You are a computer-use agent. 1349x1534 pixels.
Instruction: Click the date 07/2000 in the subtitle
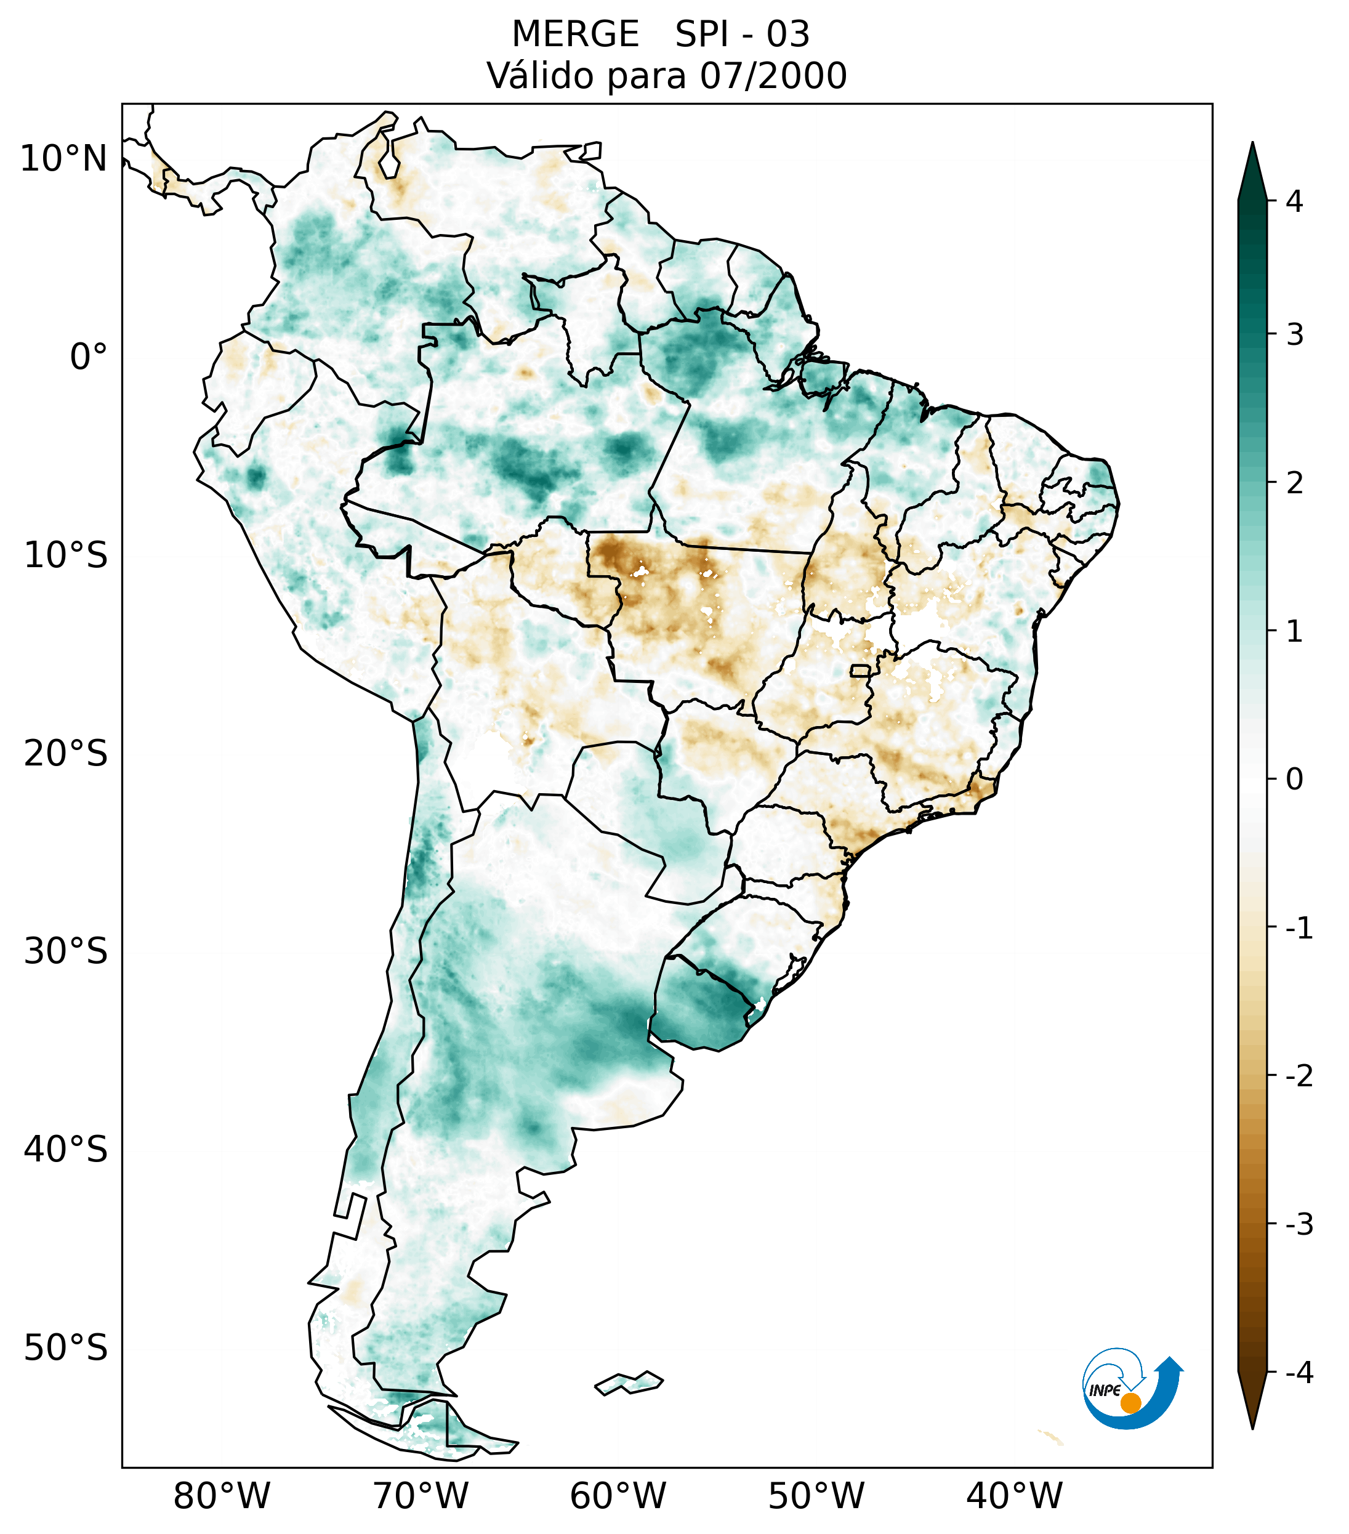coord(773,76)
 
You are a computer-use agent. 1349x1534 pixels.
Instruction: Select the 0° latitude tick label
coord(89,357)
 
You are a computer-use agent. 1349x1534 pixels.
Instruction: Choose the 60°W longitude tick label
coord(618,1496)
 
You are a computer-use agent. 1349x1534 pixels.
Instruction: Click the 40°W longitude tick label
coord(1015,1496)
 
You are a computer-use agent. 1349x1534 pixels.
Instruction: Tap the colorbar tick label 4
coord(1294,201)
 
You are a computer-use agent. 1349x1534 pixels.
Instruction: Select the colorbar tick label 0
coord(1294,780)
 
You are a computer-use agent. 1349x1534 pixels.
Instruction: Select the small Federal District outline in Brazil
coord(861,670)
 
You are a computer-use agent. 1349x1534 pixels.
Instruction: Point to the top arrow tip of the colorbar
coord(1252,145)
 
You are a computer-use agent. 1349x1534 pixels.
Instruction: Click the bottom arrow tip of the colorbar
coord(1252,1428)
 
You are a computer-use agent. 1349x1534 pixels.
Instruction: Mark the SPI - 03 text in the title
coord(742,34)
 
